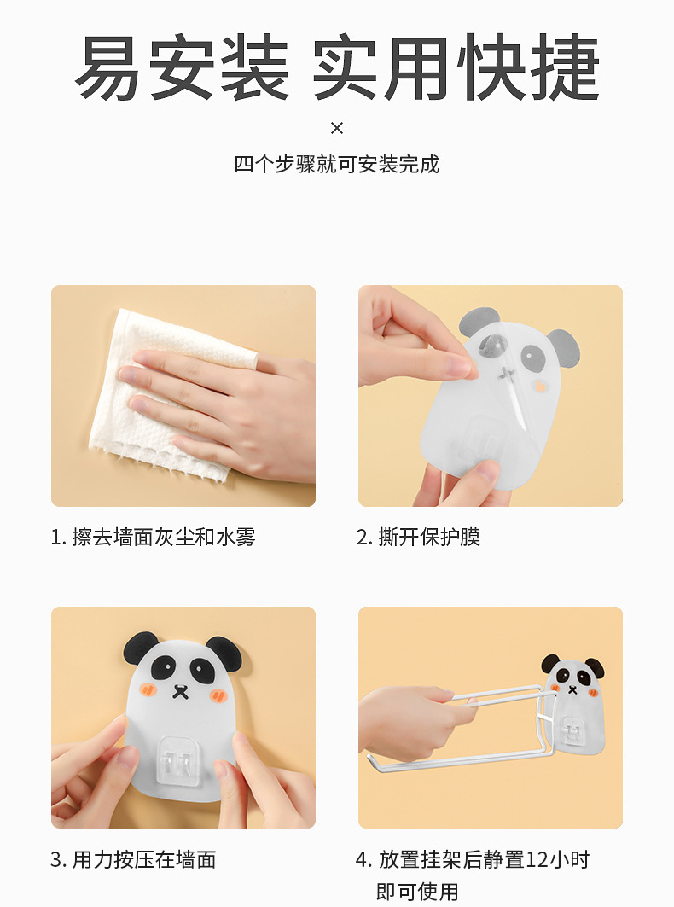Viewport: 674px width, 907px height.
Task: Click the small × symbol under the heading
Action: point(337,128)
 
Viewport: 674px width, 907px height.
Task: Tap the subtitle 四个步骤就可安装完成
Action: point(337,165)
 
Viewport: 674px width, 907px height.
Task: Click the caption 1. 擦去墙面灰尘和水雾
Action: point(154,537)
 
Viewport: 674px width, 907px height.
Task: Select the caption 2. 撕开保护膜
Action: point(418,537)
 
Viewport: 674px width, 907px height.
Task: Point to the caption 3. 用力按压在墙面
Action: point(134,859)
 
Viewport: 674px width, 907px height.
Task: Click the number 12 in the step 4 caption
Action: point(537,859)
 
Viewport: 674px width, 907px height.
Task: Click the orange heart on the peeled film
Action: point(541,386)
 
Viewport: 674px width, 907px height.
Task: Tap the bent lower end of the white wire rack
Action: point(374,761)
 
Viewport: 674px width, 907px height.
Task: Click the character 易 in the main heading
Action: point(108,67)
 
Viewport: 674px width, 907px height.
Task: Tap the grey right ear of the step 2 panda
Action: point(563,349)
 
